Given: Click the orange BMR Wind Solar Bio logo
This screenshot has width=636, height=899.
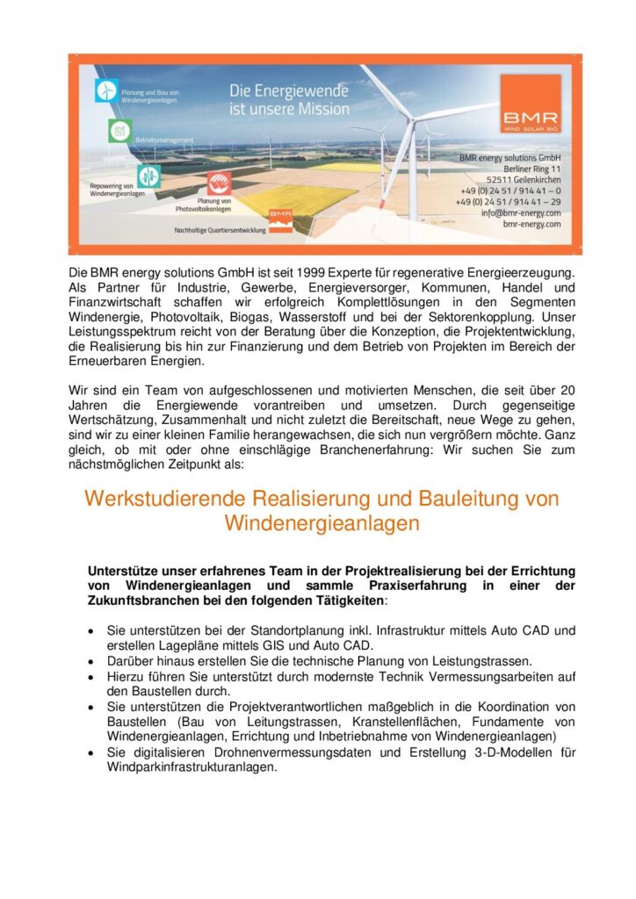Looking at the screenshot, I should tap(531, 104).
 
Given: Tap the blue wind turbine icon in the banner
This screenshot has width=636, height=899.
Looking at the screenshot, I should tap(107, 90).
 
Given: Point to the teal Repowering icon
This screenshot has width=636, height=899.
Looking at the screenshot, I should tap(148, 176).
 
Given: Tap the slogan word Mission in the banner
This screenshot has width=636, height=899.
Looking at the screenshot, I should tap(319, 110).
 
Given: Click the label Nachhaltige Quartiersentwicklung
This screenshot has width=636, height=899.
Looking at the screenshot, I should tap(220, 230).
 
